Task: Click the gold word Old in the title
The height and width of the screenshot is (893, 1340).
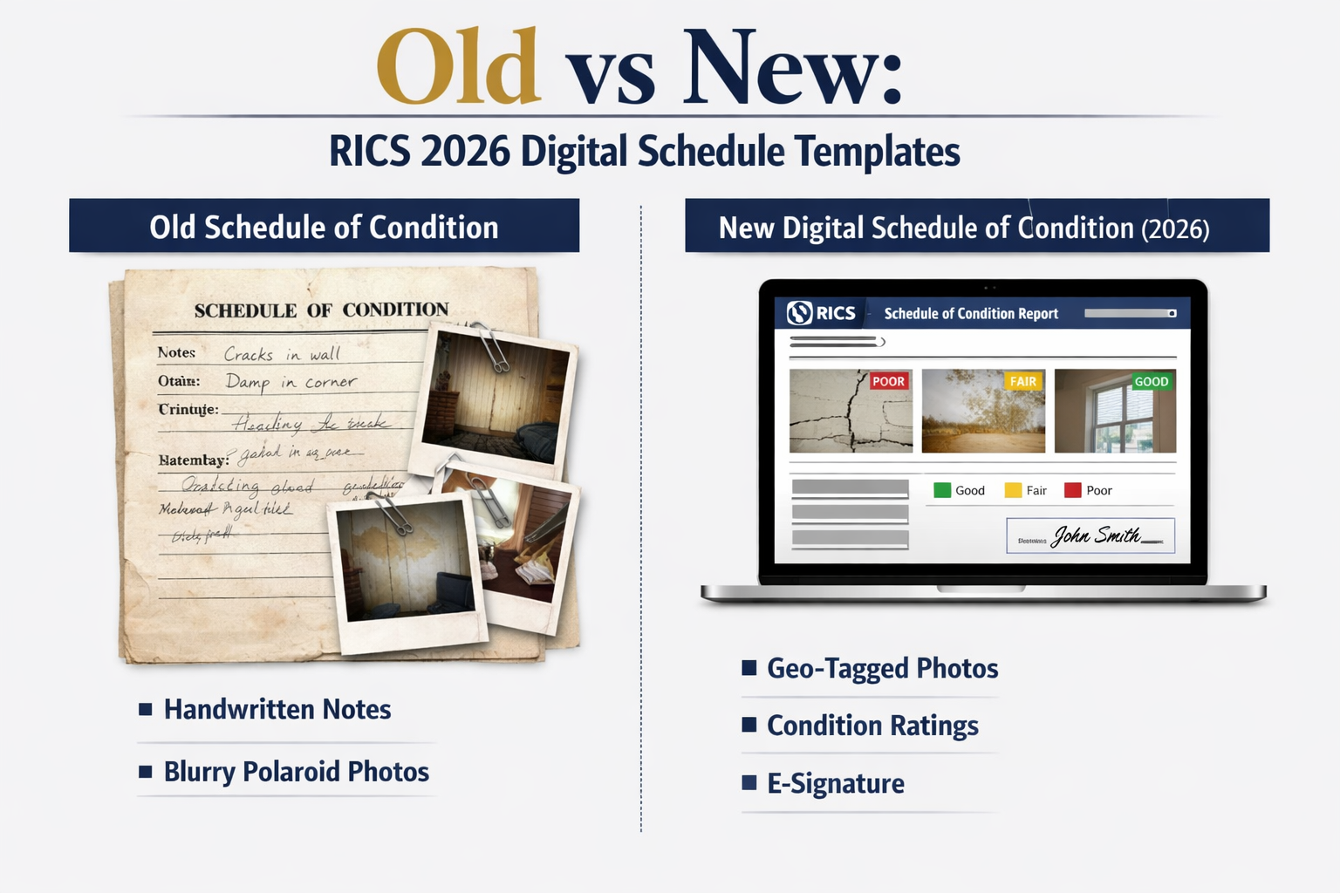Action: pyautogui.click(x=458, y=68)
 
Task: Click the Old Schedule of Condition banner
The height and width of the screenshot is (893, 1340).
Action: pyautogui.click(x=324, y=227)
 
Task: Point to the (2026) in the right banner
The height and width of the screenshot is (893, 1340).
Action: pyautogui.click(x=1174, y=228)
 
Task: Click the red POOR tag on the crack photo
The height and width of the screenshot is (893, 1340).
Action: pyautogui.click(x=888, y=381)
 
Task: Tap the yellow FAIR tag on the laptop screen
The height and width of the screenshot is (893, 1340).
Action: pyautogui.click(x=1022, y=381)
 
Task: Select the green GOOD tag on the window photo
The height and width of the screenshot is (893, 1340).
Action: pyautogui.click(x=1151, y=381)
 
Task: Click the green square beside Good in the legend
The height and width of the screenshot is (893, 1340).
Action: pyautogui.click(x=942, y=490)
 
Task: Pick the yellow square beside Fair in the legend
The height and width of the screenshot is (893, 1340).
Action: pyautogui.click(x=1013, y=490)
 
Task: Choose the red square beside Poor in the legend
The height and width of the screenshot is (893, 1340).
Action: pyautogui.click(x=1072, y=490)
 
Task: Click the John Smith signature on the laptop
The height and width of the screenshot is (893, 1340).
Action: pyautogui.click(x=1096, y=535)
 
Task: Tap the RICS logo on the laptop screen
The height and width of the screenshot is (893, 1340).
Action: pyautogui.click(x=821, y=313)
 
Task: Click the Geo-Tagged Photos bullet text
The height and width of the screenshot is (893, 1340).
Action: pyautogui.click(x=882, y=668)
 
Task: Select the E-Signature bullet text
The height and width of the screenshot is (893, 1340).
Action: pyautogui.click(x=835, y=783)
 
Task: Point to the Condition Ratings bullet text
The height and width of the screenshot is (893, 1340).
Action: pyautogui.click(x=872, y=726)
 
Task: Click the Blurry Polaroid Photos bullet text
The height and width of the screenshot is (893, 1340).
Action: pyautogui.click(x=297, y=772)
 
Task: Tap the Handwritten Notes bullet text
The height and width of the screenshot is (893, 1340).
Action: pyautogui.click(x=277, y=709)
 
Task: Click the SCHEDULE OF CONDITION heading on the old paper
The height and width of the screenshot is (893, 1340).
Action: pyautogui.click(x=321, y=310)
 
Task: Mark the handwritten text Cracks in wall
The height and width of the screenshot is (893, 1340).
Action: pyautogui.click(x=281, y=354)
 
